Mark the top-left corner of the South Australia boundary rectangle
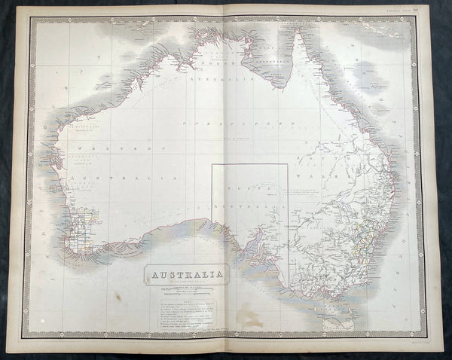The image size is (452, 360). click(x=212, y=164)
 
